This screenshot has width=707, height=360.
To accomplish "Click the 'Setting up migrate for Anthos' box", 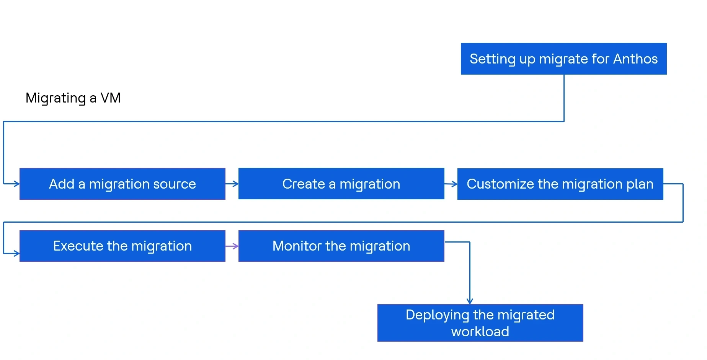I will (x=563, y=59).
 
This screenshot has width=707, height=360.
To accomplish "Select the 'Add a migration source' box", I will (x=122, y=184).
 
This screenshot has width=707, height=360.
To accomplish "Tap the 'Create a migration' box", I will (x=341, y=184).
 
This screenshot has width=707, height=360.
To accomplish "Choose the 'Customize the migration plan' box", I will (x=560, y=184).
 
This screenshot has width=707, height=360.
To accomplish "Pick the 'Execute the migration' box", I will (x=122, y=246).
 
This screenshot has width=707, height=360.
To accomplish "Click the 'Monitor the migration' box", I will (x=341, y=246).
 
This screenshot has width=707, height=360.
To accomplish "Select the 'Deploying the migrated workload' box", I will (x=480, y=323).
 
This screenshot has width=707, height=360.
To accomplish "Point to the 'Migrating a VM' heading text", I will (x=73, y=98).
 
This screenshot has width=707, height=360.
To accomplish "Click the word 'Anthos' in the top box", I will (x=635, y=59).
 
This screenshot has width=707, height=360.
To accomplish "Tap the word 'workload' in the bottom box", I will (x=480, y=331).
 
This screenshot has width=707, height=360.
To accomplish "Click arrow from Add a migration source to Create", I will (x=232, y=184).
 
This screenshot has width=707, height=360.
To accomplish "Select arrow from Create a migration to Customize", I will (x=451, y=184).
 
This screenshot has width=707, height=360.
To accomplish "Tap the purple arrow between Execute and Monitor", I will (x=232, y=246).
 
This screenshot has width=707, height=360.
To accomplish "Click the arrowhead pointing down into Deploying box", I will (x=470, y=301).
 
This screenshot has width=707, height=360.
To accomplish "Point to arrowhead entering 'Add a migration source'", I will (x=16, y=184).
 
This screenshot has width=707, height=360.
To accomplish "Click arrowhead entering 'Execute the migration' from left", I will (x=16, y=253).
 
